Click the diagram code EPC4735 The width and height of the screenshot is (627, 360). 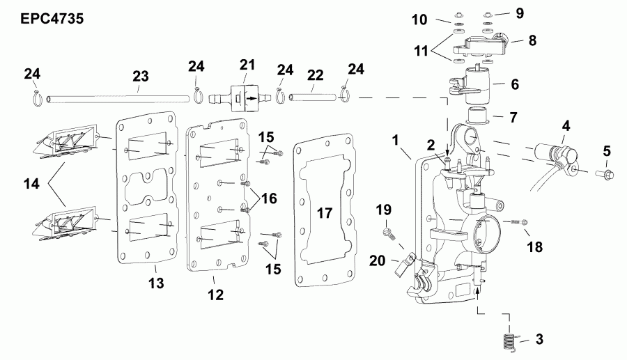45,19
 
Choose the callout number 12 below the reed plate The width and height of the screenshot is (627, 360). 215,295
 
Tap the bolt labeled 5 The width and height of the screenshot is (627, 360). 605,171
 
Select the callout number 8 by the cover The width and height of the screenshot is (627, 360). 532,41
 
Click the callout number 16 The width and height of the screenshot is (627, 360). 269,198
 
